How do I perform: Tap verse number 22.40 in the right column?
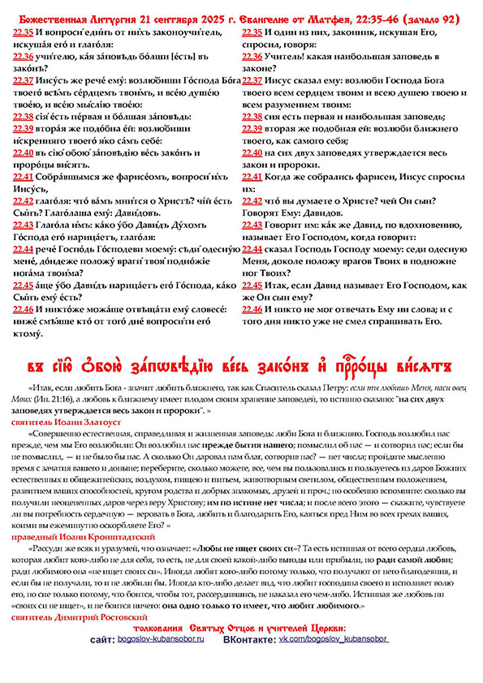(252, 152)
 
